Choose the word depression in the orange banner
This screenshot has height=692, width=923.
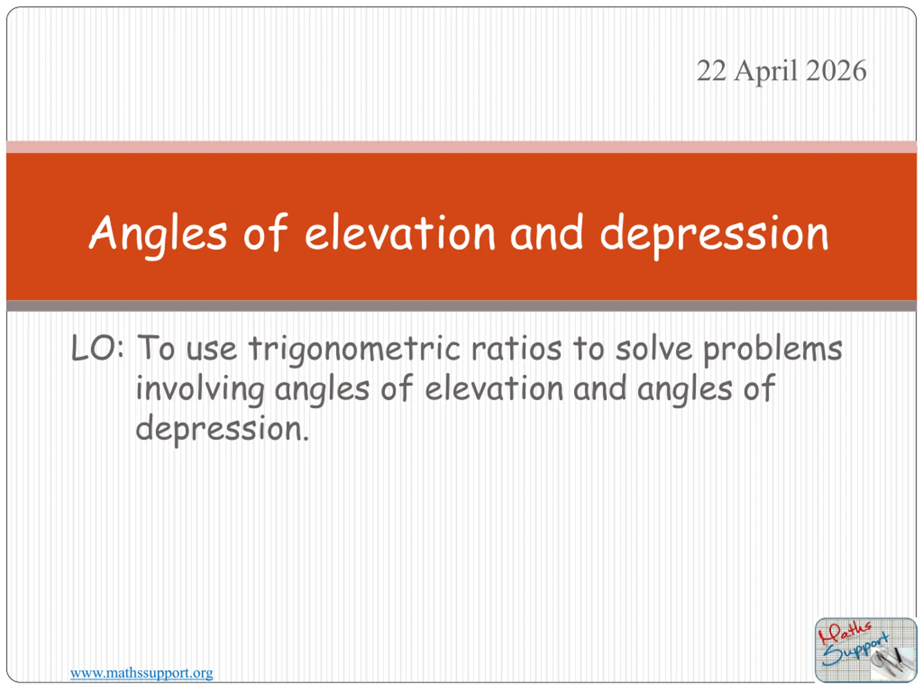714,236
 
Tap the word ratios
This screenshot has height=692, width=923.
516,348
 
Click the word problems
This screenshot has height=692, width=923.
773,350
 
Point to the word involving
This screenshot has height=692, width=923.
200,390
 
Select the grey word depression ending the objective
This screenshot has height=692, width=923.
222,430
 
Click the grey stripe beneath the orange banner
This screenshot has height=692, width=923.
461,306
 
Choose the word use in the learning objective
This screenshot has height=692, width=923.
212,350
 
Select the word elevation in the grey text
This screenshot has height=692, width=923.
494,388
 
